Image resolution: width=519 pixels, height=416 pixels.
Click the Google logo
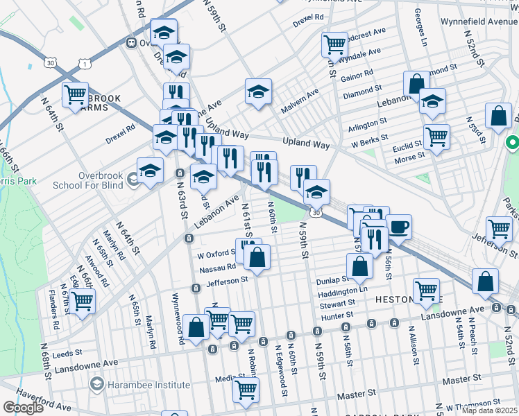click(x=24, y=408)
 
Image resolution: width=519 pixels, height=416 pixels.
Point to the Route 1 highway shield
click(x=84, y=64)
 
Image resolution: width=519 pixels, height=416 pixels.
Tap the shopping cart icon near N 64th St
click(x=75, y=94)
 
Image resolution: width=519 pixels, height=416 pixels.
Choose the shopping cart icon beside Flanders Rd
click(x=82, y=302)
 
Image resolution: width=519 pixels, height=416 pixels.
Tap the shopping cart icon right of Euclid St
click(x=436, y=137)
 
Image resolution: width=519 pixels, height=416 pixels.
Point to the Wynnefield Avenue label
click(x=479, y=21)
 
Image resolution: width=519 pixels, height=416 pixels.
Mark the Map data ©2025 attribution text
click(x=488, y=410)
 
